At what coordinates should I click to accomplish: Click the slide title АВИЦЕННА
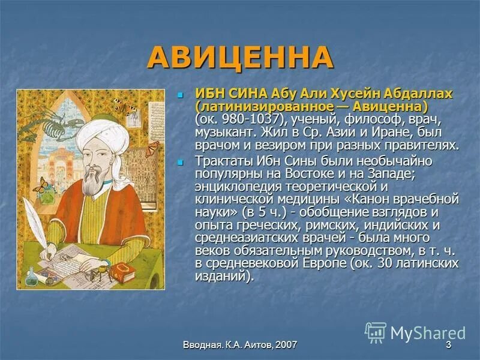(x=239, y=58)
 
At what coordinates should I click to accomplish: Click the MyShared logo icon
(x=376, y=332)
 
